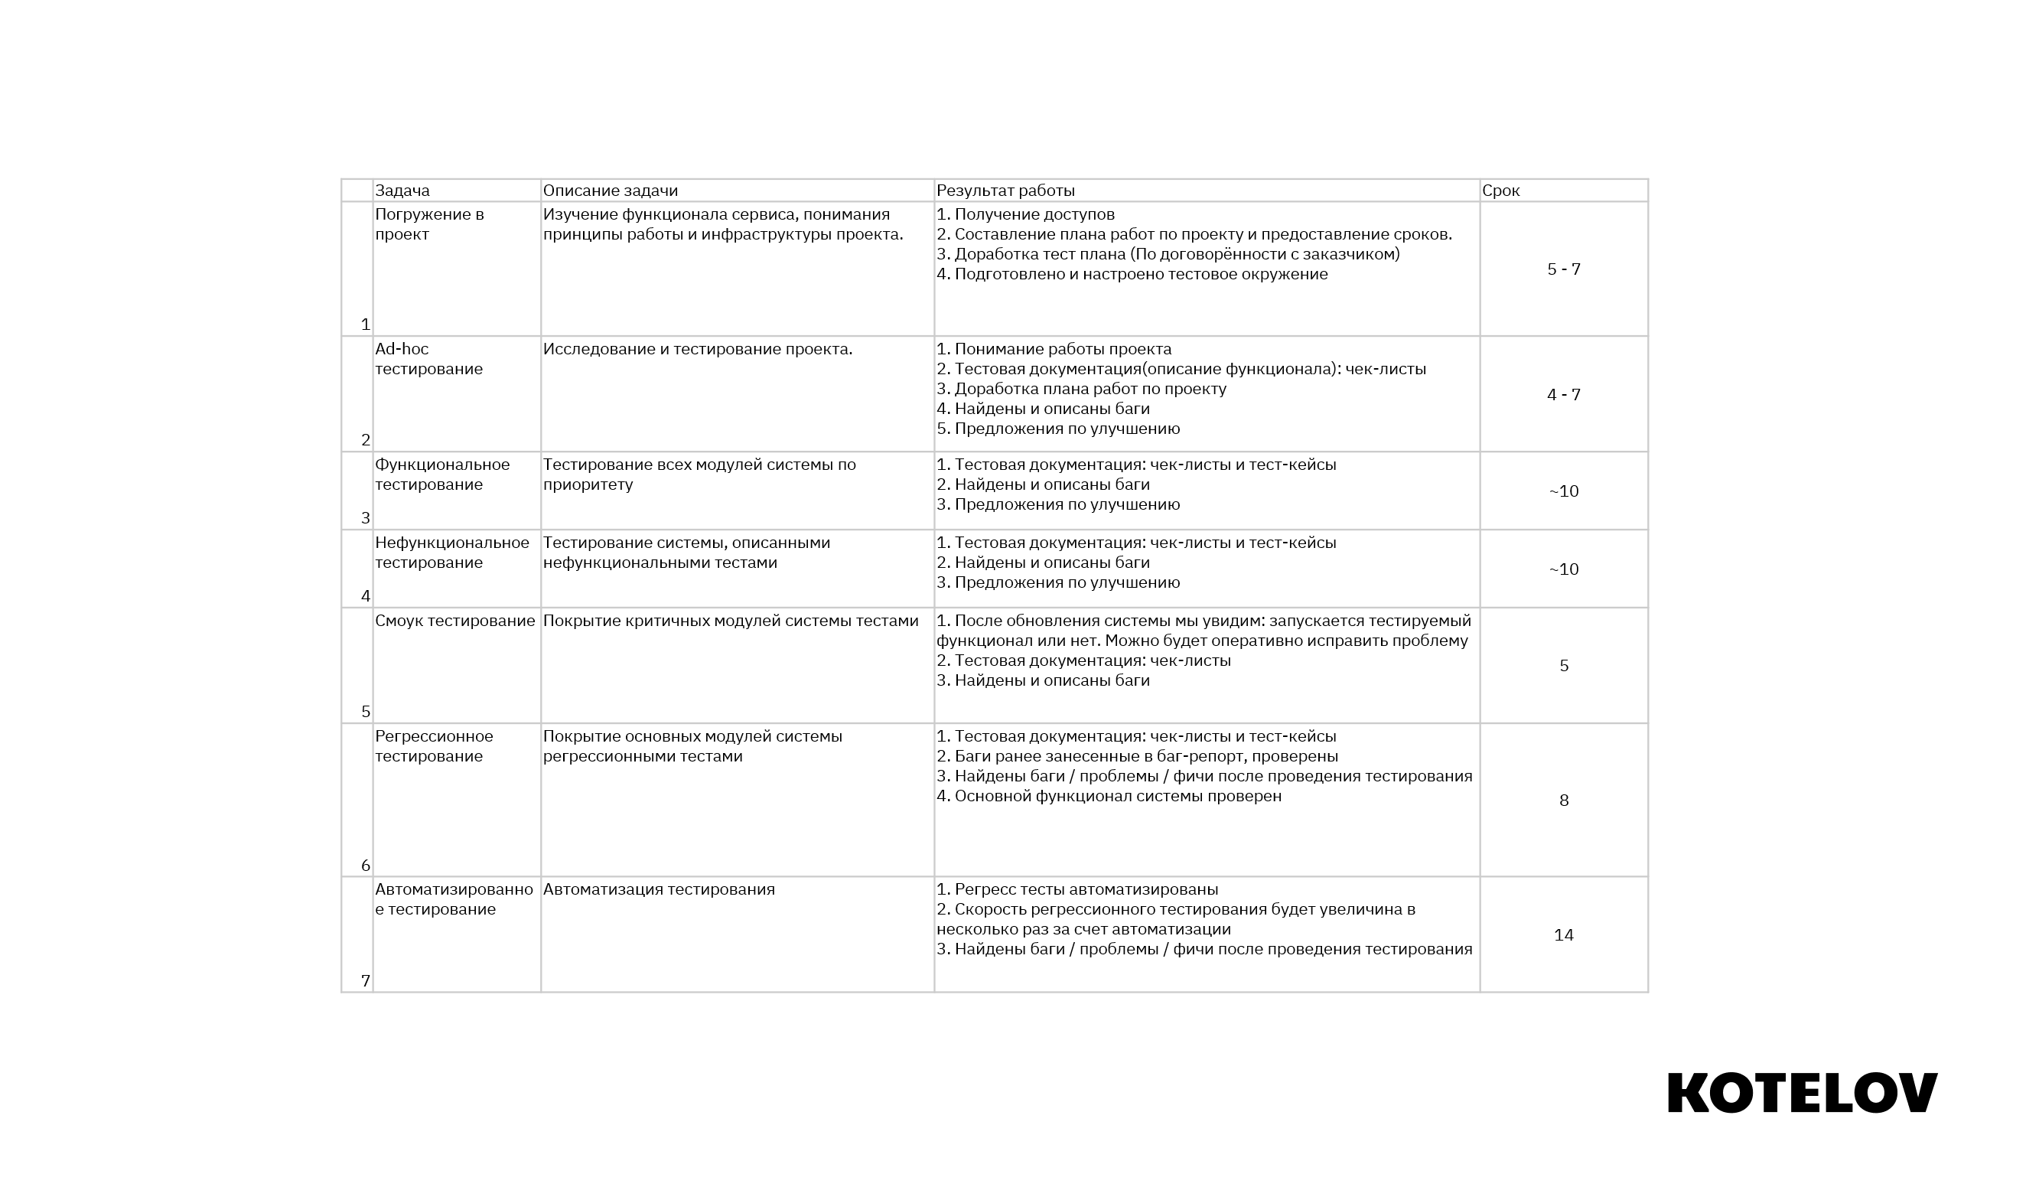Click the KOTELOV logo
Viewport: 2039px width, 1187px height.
pos(1802,1093)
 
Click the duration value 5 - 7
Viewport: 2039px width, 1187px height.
pos(1563,269)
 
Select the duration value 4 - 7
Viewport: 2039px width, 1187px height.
pos(1563,395)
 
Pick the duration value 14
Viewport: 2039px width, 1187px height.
pos(1563,935)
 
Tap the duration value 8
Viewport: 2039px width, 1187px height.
pos(1563,801)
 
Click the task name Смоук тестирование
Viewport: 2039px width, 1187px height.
pos(454,621)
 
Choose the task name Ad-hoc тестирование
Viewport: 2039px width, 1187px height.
pos(428,359)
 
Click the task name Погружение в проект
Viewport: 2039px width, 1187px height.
pos(428,224)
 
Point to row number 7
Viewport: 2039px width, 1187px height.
pos(366,981)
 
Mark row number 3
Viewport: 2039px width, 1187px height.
pos(366,518)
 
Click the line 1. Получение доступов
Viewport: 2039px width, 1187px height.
pos(1025,214)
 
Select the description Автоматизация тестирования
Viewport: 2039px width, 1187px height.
pos(659,889)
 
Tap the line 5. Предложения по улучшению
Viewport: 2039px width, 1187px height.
pos(1057,429)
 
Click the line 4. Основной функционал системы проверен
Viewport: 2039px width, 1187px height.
pos(1109,796)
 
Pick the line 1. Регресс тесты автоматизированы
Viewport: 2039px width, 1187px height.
pos(1077,889)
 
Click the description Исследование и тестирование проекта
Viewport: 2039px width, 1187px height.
pos(698,350)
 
